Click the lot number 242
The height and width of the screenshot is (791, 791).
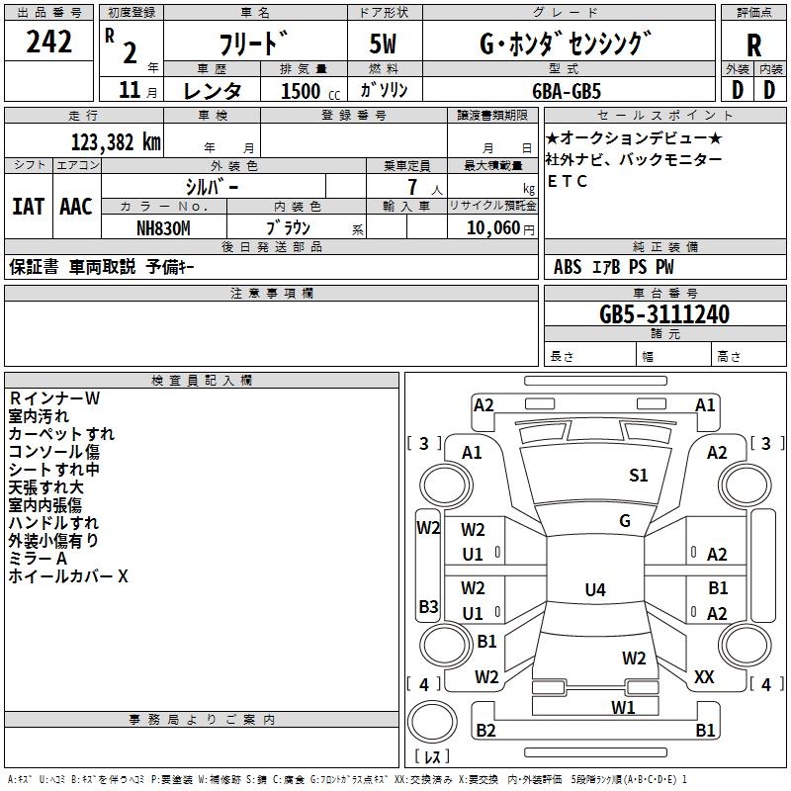tap(49, 43)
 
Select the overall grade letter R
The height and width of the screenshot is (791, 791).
tap(753, 44)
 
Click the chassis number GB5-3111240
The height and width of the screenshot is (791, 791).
tap(664, 314)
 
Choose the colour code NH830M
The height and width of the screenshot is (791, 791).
tap(163, 226)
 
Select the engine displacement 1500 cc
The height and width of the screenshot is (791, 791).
tap(308, 91)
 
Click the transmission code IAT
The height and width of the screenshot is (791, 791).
tap(28, 207)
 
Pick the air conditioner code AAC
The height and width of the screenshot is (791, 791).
tap(76, 207)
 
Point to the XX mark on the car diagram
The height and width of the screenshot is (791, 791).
tap(704, 676)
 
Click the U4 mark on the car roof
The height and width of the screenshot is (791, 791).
tap(594, 590)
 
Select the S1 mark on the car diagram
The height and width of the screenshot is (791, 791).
tap(639, 476)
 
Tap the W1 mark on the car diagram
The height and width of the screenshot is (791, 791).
tap(622, 707)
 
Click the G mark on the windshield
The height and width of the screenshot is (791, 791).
tap(624, 521)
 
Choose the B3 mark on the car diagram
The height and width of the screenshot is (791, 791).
tap(427, 606)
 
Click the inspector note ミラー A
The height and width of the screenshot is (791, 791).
tap(39, 559)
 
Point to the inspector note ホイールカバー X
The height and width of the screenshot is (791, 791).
tap(68, 576)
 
